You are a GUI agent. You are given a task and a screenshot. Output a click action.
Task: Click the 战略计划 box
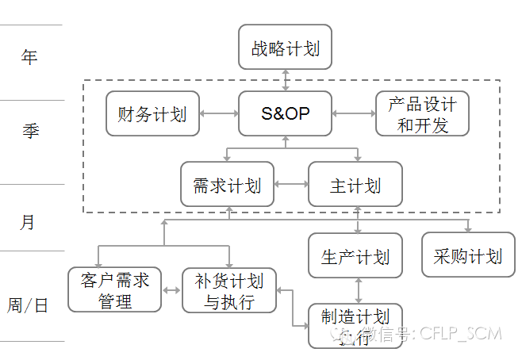pyautogui.click(x=285, y=48)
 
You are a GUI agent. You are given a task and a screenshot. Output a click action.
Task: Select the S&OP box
pyautogui.click(x=285, y=113)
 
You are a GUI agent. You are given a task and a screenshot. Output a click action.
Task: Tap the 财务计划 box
pyautogui.click(x=152, y=113)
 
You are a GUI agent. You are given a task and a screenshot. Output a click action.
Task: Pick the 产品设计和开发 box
pyautogui.click(x=422, y=113)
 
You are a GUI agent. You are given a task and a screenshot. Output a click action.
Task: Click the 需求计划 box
pyautogui.click(x=227, y=186)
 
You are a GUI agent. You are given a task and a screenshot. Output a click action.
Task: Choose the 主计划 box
pyautogui.click(x=355, y=186)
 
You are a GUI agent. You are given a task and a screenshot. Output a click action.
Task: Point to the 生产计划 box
pyautogui.click(x=355, y=256)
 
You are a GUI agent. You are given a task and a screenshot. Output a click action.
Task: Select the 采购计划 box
pyautogui.click(x=468, y=255)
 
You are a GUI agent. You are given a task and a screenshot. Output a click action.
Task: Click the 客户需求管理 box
pyautogui.click(x=115, y=290)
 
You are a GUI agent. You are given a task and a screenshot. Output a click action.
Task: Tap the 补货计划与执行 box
pyautogui.click(x=228, y=290)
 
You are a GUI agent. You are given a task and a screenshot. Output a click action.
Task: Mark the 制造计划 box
pyautogui.click(x=355, y=325)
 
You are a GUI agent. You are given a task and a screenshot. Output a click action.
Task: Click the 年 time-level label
pyautogui.click(x=29, y=58)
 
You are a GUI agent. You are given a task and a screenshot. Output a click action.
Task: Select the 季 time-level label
pyautogui.click(x=29, y=131)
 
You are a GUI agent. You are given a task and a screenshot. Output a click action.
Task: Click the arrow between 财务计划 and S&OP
pyautogui.click(x=218, y=113)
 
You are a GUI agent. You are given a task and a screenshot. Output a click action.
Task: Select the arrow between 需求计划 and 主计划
pyautogui.click(x=291, y=186)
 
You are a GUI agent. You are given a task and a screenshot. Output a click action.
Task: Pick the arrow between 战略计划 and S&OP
pyautogui.click(x=286, y=80)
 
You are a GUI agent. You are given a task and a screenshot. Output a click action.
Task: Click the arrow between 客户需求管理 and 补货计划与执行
pyautogui.click(x=171, y=290)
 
